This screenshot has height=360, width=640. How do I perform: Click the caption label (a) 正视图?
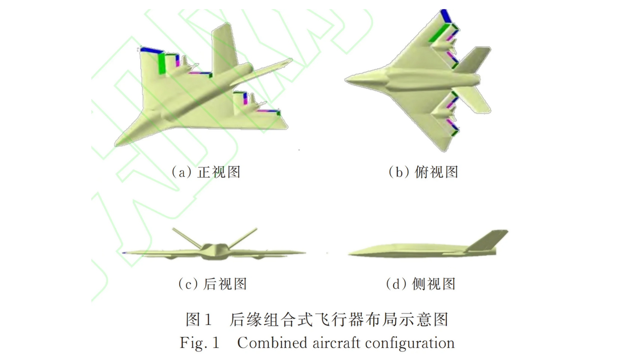click(x=206, y=172)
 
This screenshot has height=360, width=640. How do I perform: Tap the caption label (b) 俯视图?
click(x=423, y=172)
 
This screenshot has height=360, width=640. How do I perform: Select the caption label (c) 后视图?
click(x=212, y=284)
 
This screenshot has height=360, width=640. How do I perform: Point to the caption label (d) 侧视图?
click(x=421, y=284)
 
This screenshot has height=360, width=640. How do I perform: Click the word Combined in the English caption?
click(x=272, y=343)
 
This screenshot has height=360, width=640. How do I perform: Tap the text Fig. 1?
click(x=199, y=343)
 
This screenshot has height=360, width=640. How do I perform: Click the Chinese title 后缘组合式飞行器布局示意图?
click(x=339, y=319)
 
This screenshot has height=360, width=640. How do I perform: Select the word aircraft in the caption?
click(x=336, y=343)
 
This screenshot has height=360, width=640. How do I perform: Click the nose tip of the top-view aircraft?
click(x=347, y=79)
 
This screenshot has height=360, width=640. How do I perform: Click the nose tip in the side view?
click(x=351, y=254)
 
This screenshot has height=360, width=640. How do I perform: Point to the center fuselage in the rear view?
click(x=215, y=252)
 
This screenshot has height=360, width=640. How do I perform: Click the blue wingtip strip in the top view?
click(x=446, y=16)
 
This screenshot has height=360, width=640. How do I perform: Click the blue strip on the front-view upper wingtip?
click(x=151, y=50)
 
